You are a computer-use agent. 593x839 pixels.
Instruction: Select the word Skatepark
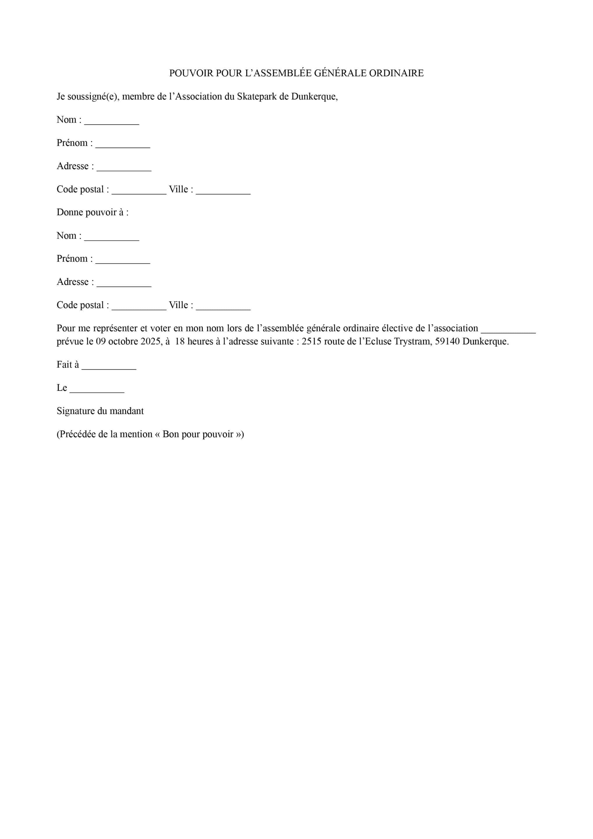tap(257, 96)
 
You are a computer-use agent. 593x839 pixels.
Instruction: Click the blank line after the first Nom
tap(112, 122)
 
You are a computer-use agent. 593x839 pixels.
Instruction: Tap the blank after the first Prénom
tap(123, 145)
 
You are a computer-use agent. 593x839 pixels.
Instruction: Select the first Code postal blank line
tap(139, 191)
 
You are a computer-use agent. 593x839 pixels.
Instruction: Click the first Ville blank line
tap(223, 191)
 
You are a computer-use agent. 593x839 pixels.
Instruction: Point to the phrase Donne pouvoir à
tap(92, 212)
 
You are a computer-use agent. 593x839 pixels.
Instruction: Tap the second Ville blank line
tap(223, 307)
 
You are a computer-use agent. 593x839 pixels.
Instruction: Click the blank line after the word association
tap(508, 331)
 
